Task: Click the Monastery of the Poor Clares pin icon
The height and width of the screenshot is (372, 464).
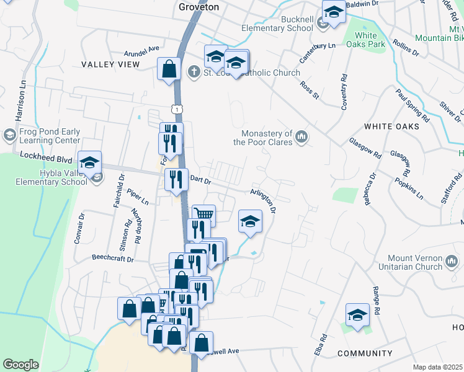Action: click(x=302, y=136)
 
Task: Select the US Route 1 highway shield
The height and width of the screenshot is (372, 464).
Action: click(x=178, y=109)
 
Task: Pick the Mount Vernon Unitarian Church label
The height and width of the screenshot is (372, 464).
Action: click(x=406, y=262)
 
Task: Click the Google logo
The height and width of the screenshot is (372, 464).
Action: click(x=21, y=365)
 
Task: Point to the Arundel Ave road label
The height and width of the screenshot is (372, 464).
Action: click(x=142, y=48)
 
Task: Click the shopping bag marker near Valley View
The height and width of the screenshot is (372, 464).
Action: click(x=169, y=69)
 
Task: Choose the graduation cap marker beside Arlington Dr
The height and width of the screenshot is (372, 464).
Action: click(x=250, y=222)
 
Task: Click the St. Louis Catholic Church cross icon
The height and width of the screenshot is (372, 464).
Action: click(x=194, y=73)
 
